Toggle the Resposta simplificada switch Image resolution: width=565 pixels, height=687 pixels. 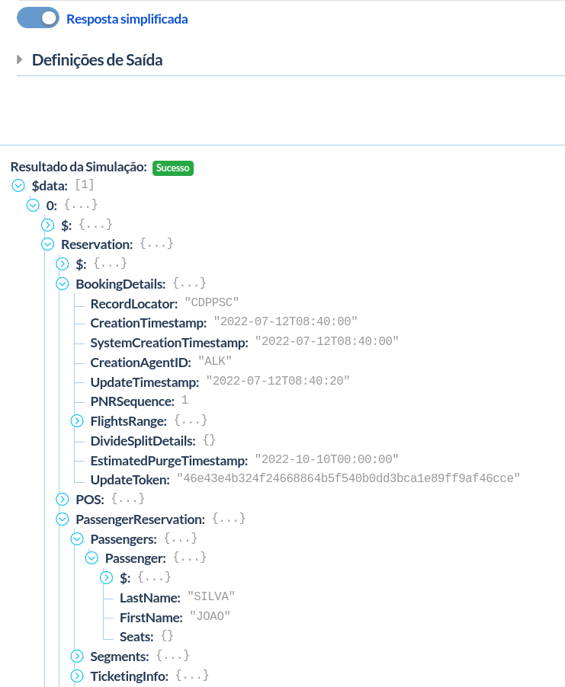38,18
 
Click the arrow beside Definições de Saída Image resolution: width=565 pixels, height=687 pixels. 21,59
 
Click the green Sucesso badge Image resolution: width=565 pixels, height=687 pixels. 172,168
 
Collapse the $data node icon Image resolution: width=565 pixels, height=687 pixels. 18,185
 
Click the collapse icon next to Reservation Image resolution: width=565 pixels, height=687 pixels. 47,244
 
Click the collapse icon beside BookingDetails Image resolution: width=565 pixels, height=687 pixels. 63,284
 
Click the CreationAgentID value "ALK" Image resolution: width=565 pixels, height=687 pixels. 215,361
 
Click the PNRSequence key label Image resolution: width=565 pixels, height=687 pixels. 132,401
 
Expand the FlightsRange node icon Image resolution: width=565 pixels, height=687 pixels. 77,420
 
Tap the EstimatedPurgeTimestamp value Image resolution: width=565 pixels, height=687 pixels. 326,459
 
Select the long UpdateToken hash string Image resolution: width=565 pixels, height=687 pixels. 348,479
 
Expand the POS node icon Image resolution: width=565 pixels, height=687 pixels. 63,499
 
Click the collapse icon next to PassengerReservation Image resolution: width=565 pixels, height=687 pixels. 63,519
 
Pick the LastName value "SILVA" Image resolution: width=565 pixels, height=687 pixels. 210,596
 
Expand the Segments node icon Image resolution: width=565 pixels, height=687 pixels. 77,656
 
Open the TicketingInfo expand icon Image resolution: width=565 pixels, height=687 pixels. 77,676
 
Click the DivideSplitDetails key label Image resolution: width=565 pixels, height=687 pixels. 143,440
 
